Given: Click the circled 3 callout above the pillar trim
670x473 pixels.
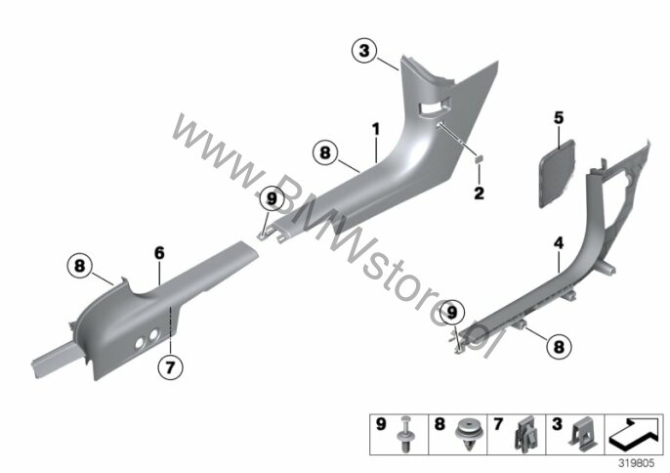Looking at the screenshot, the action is [x=364, y=51].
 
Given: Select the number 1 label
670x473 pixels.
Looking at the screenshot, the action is [x=376, y=130].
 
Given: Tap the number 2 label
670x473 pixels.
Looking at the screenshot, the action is [x=479, y=193].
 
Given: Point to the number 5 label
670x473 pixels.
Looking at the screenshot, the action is [x=559, y=117].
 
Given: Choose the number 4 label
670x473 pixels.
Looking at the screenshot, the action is [x=559, y=243].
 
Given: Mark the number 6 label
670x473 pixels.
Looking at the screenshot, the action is [x=159, y=253].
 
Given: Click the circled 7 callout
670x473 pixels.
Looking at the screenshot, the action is [x=171, y=366].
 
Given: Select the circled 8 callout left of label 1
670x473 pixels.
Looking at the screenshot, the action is [x=325, y=152].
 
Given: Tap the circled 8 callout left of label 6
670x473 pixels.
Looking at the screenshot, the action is [x=80, y=266].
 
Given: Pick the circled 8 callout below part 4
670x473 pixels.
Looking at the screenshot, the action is [x=559, y=346].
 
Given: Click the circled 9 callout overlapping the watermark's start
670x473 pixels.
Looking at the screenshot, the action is [x=272, y=198].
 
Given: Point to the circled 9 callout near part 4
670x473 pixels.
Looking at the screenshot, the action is [x=451, y=313].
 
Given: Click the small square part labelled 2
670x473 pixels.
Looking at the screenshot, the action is [x=479, y=159].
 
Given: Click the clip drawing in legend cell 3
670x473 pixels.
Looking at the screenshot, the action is [x=582, y=435].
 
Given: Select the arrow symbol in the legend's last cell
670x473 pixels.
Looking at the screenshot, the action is [x=635, y=434].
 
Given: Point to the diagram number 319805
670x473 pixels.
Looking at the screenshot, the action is [x=637, y=463].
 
